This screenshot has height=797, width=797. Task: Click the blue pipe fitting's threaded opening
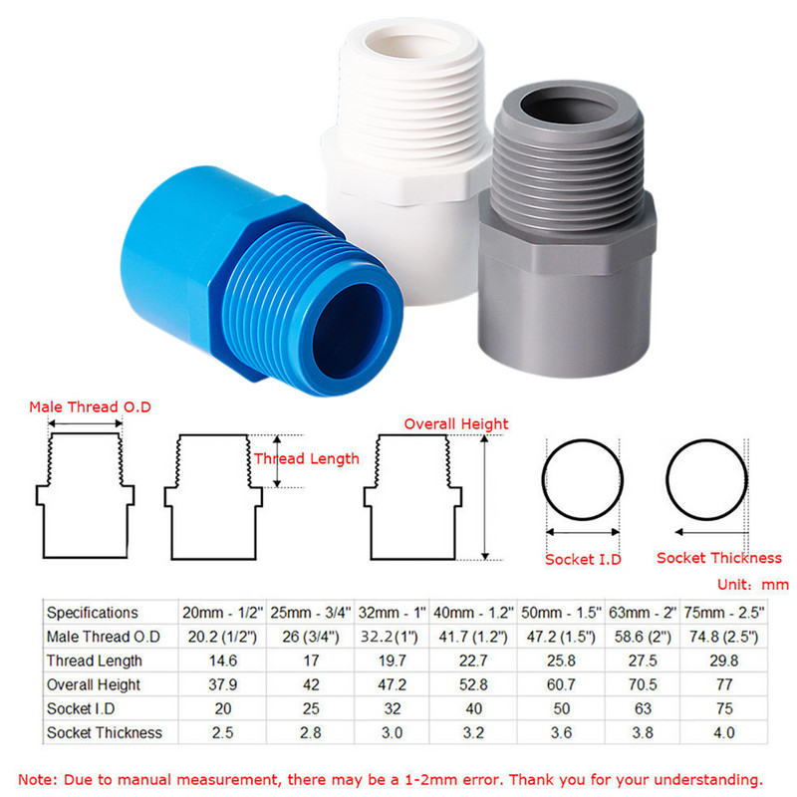coord(351,323)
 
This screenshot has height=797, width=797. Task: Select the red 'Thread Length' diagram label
coord(306,459)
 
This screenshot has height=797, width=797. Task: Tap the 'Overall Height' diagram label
coord(455,423)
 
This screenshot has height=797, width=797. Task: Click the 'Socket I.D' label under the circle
coord(583,560)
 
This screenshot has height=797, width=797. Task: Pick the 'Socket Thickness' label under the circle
coord(718,558)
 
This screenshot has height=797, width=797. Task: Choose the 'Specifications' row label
coord(93,613)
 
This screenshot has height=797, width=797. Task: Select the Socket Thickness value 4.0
coord(724,732)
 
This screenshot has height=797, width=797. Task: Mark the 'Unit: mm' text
coord(752,585)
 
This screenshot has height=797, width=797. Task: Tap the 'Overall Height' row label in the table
coord(94,684)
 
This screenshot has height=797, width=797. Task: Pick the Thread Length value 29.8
coord(724,661)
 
